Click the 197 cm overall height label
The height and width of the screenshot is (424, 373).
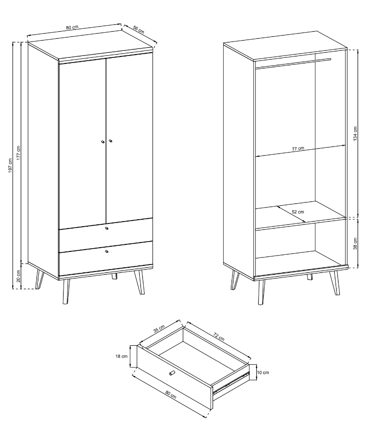10,166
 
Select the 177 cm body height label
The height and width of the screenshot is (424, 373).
18,153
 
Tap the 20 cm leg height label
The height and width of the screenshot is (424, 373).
18,276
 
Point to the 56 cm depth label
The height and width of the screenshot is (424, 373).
139,30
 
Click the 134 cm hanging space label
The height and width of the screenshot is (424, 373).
355,133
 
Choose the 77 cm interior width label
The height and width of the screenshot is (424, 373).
298,149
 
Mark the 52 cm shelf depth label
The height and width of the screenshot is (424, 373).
298,212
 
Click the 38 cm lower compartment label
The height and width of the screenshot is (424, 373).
355,243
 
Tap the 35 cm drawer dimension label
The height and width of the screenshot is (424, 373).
159,328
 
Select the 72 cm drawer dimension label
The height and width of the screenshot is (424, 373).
218,337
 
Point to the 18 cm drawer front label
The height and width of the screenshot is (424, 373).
121,356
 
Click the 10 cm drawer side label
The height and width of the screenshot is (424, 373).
263,373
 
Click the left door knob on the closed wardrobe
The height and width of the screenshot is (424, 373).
103,141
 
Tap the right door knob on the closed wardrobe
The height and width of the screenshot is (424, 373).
110,141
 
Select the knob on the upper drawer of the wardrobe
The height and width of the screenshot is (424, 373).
106,228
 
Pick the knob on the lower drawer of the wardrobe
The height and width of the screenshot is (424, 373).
106,251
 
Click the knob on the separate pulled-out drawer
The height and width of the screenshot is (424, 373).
172,373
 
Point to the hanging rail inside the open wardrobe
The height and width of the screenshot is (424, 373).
293,63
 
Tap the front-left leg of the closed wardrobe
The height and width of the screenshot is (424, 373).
66,292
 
